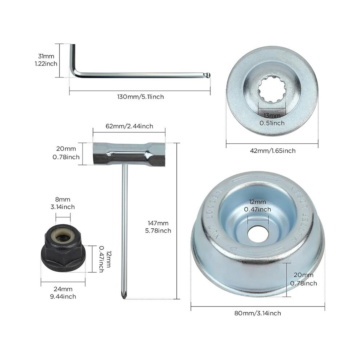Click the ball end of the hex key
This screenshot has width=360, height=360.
[207, 75]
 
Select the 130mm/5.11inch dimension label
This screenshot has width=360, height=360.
[140, 97]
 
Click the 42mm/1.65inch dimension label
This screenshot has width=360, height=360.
[273, 151]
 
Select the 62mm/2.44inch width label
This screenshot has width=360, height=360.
[129, 126]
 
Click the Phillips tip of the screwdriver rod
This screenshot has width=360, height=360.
[124, 296]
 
